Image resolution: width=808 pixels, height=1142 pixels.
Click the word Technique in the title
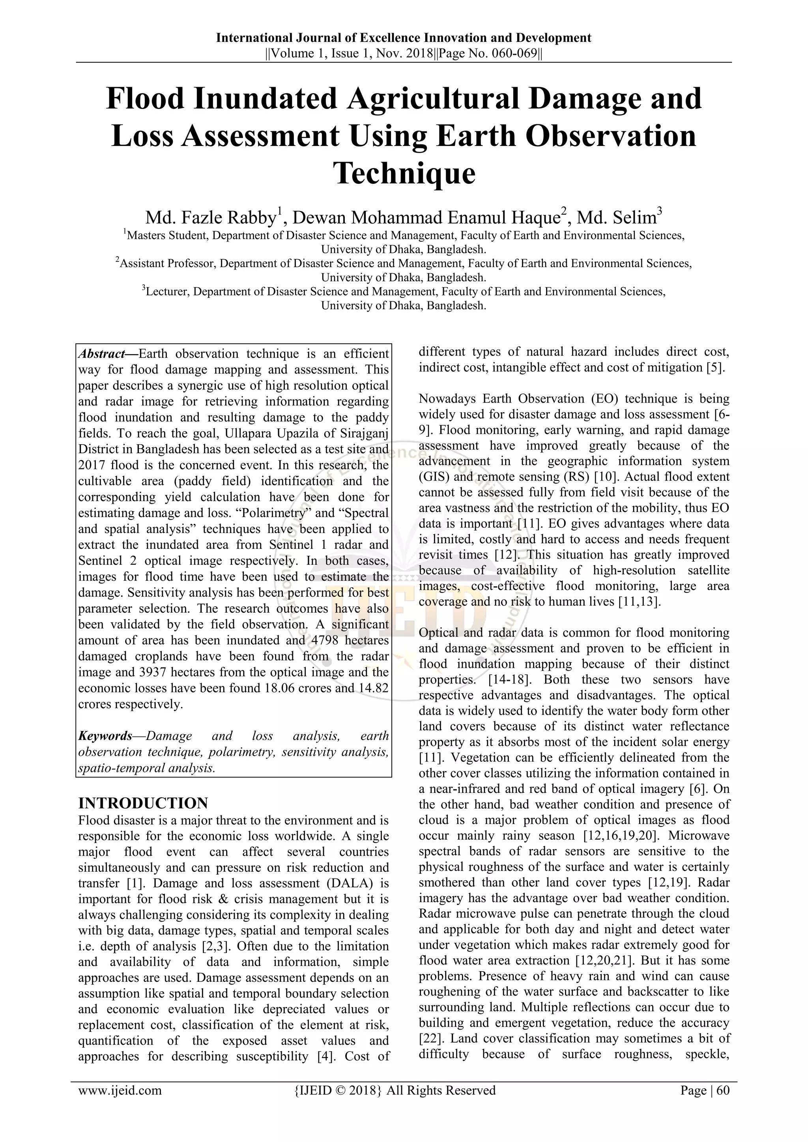pos(404,173)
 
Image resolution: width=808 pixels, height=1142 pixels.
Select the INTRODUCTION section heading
pos(143,803)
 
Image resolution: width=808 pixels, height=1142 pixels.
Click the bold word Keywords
pos(105,736)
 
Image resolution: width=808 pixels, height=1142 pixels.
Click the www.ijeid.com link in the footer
pos(120,1090)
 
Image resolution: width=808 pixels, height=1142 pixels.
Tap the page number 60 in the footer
pos(723,1090)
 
